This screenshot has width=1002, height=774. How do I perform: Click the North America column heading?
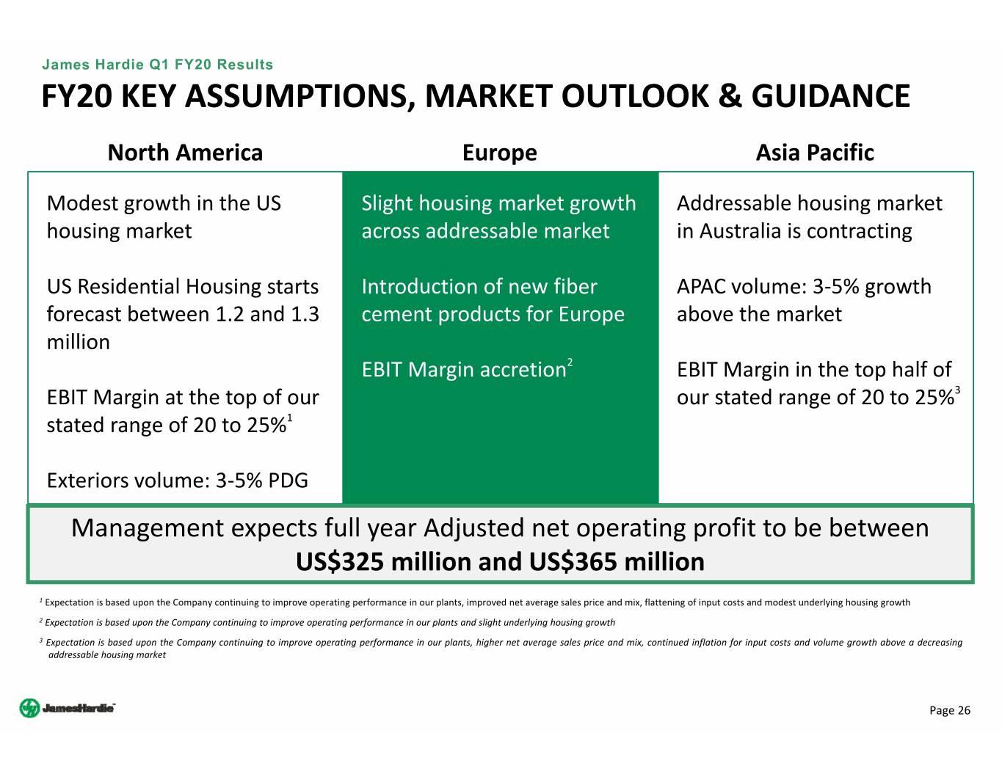[185, 153]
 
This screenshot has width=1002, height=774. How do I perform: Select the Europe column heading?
[499, 153]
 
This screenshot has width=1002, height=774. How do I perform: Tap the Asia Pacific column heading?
[815, 153]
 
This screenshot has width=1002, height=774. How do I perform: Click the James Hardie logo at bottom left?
[68, 708]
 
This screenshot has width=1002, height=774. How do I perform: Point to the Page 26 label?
[949, 710]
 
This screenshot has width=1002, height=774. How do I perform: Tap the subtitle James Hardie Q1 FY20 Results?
[157, 65]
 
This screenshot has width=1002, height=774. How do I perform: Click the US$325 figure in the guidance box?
[339, 562]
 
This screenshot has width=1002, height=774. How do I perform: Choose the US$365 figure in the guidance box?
[573, 562]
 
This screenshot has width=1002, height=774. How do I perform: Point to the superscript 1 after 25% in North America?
[289, 417]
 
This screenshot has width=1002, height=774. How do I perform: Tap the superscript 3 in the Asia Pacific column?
[957, 390]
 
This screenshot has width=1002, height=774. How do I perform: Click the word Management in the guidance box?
[148, 529]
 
